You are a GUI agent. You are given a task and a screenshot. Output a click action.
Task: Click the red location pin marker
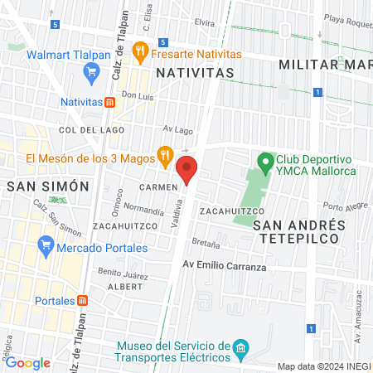[188, 169]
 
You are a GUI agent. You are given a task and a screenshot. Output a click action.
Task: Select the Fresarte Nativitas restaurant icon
[140, 51]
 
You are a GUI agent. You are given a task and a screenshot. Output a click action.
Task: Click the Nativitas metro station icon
[109, 102]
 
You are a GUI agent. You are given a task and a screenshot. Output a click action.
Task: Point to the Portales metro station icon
[81, 301]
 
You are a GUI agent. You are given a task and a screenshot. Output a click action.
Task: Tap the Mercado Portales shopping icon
[46, 246]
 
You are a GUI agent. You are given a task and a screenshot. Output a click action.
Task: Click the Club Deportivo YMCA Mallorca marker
[265, 162]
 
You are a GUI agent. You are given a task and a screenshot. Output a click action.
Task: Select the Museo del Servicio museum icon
[240, 347]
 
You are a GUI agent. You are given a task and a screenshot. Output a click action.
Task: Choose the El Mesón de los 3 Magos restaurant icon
[166, 153]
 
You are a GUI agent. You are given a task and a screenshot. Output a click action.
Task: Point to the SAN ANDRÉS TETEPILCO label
[298, 231]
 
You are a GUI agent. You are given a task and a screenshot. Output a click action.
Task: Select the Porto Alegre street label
[344, 207]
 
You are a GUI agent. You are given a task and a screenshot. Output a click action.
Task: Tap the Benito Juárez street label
[122, 272]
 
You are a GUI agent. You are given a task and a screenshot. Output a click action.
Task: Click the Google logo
[27, 362]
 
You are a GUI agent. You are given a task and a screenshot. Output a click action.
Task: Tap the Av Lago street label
[177, 129]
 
